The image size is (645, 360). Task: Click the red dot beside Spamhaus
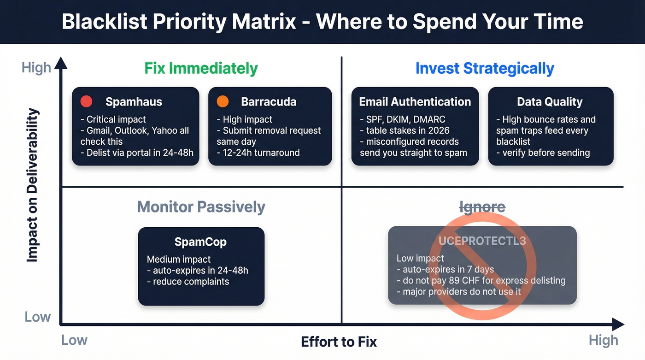(87, 101)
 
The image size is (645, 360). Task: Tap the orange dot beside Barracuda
(223, 101)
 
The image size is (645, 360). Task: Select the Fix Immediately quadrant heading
(201, 68)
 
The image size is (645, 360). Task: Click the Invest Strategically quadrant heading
(485, 68)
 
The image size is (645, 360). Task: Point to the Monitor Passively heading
(201, 207)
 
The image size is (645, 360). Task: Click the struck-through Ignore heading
(482, 207)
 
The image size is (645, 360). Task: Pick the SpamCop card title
(200, 242)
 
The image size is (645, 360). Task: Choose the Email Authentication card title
(415, 101)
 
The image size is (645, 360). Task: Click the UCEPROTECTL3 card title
(482, 241)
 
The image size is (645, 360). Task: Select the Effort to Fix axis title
(339, 342)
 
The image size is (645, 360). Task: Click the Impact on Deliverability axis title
(32, 185)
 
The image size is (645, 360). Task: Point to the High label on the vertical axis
(36, 68)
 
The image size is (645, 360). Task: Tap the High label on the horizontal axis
(603, 341)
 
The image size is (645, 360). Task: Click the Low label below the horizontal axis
(74, 341)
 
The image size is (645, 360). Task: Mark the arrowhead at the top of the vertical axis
(61, 62)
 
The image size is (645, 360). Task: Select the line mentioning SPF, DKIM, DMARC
(403, 119)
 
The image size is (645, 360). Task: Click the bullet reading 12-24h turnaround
(258, 152)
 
